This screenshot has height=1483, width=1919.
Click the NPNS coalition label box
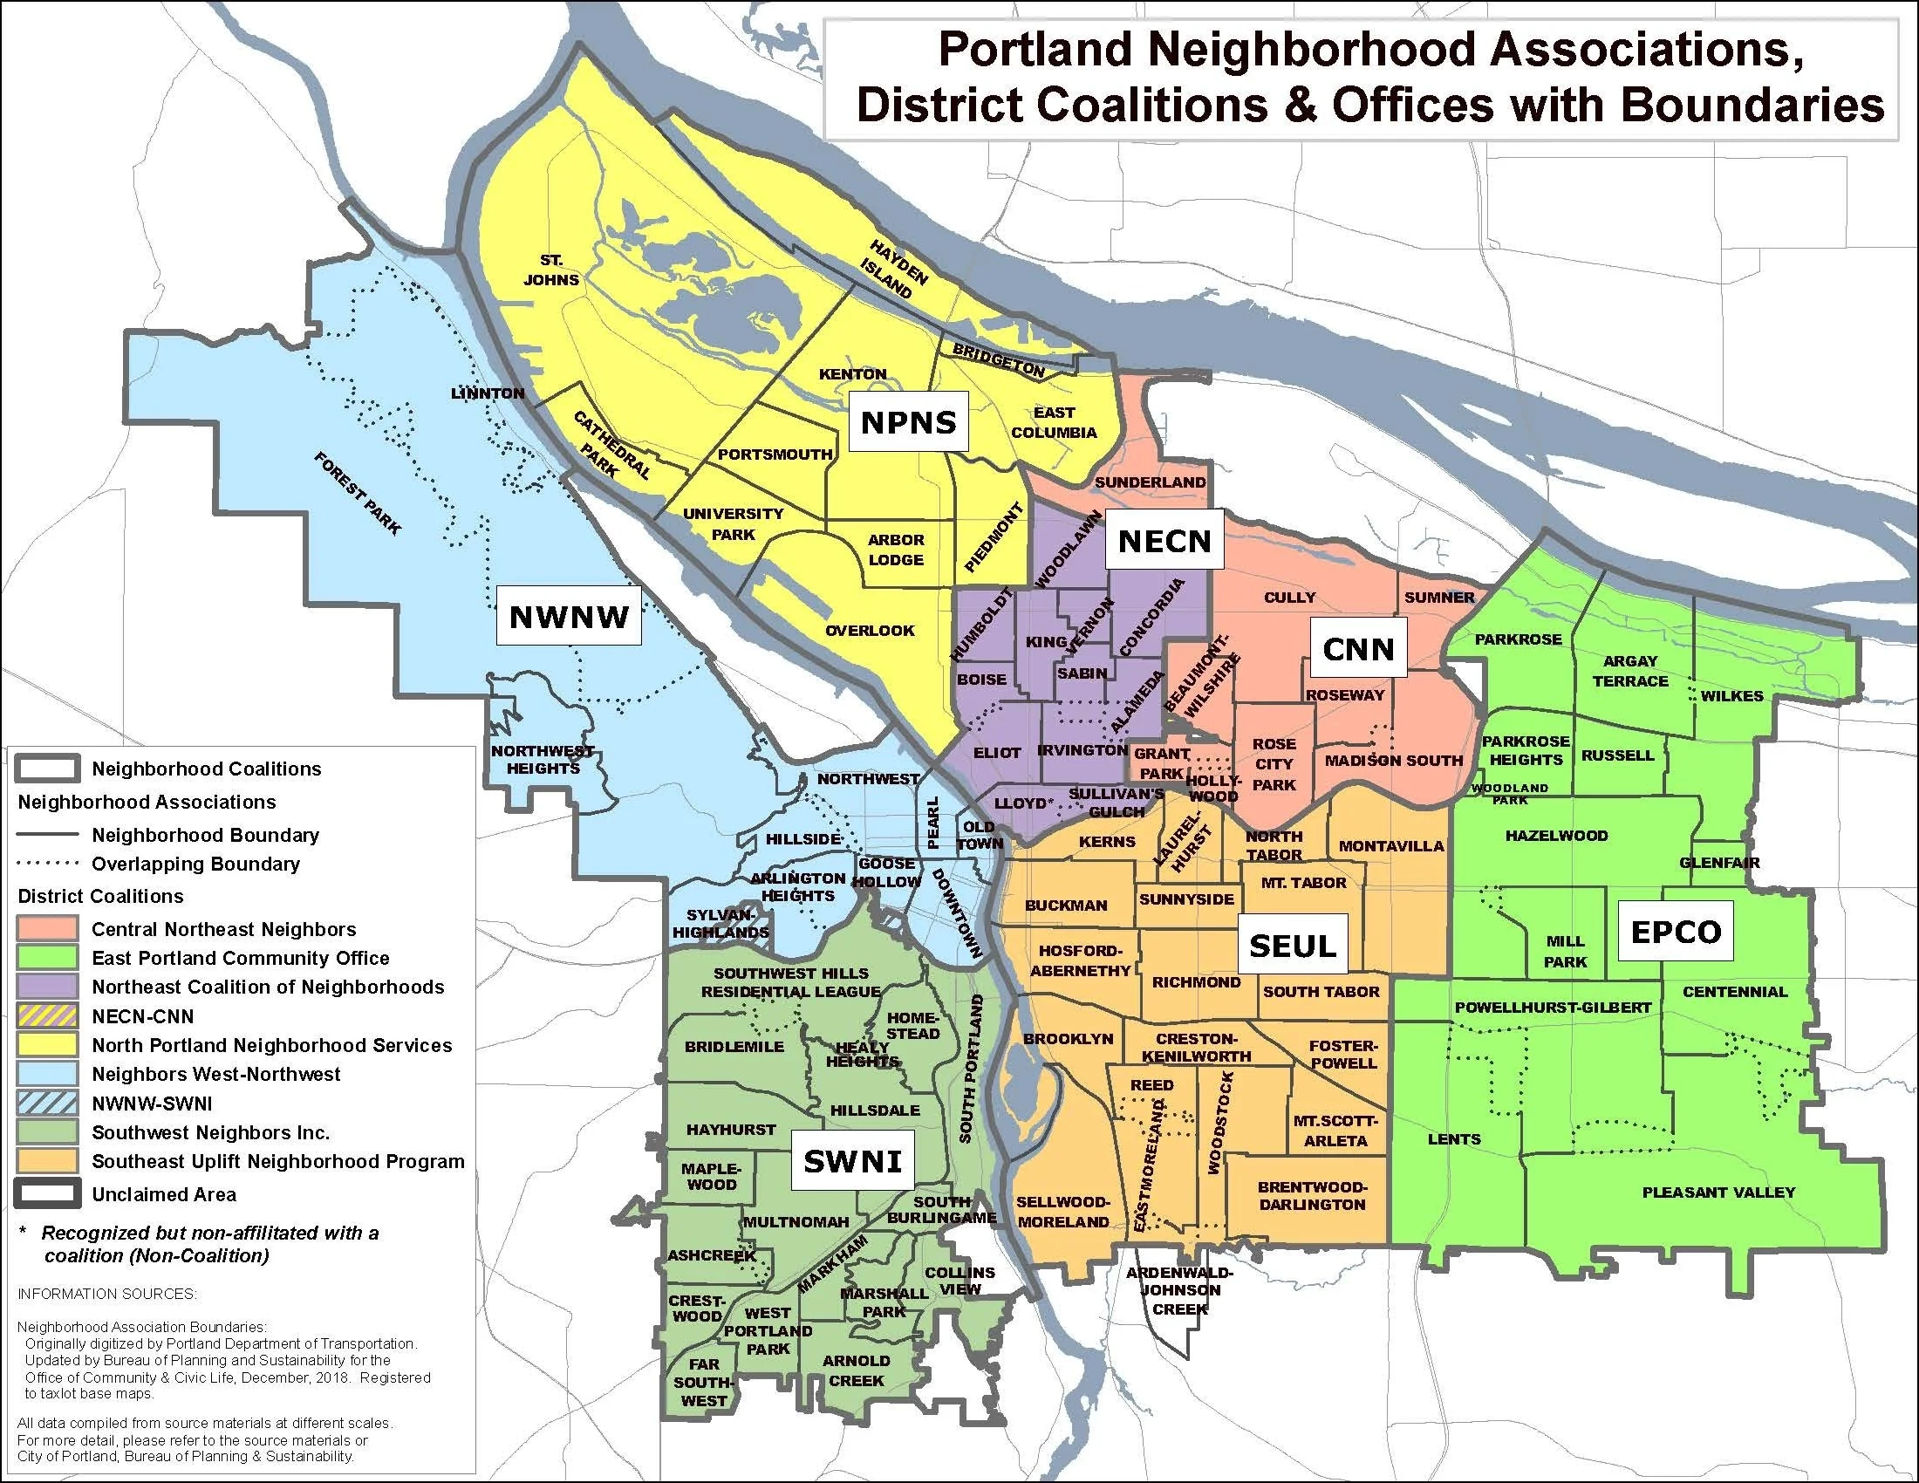click(x=909, y=422)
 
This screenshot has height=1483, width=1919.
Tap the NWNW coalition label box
click(x=569, y=616)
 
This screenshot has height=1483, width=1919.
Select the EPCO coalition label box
click(x=1676, y=932)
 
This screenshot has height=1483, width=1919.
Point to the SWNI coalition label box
click(x=852, y=1161)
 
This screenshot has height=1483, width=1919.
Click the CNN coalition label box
click(x=1358, y=649)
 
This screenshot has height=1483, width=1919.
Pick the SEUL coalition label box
click(x=1293, y=946)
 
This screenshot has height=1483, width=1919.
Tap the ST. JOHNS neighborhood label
click(x=552, y=270)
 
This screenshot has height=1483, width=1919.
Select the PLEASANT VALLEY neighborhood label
click(x=1718, y=1193)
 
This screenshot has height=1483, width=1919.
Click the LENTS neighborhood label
click(x=1454, y=1139)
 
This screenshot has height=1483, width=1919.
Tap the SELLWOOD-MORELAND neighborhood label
click(x=1063, y=1212)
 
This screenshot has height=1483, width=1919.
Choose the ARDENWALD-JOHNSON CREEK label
click(x=1180, y=1290)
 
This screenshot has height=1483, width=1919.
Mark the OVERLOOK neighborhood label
click(x=870, y=631)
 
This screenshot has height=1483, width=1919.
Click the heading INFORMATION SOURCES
click(x=107, y=1294)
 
